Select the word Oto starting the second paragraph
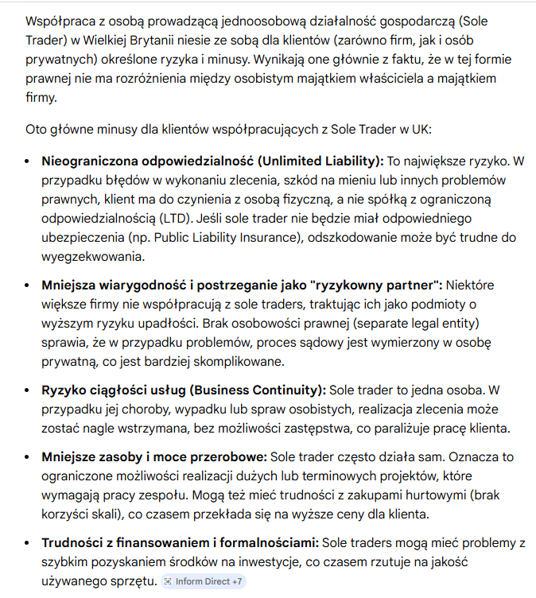36,130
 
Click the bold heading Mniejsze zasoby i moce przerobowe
154,457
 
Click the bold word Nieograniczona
89,160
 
